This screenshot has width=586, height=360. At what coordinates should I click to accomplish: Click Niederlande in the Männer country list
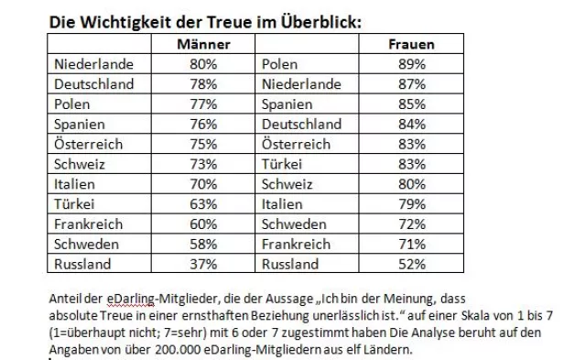[93, 64]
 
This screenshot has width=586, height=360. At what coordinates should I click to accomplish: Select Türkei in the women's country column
[285, 165]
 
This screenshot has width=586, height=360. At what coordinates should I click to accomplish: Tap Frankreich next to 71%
[298, 245]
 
